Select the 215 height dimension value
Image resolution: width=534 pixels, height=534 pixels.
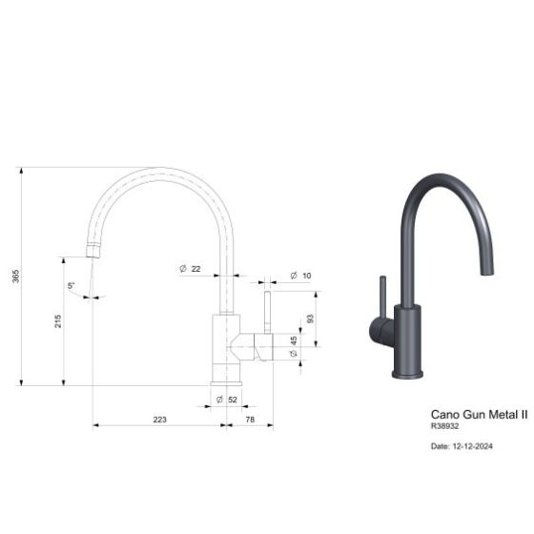click(x=58, y=321)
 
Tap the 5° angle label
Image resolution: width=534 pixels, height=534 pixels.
click(x=72, y=285)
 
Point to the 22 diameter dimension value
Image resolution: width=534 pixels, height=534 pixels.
click(x=195, y=269)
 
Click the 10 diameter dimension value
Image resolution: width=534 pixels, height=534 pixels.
click(x=307, y=276)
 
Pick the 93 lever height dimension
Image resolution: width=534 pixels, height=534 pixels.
click(x=310, y=318)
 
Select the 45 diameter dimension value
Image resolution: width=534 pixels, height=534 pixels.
click(x=295, y=340)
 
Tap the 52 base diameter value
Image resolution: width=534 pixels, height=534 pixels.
click(x=233, y=399)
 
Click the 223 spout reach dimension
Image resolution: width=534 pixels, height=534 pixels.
click(x=159, y=420)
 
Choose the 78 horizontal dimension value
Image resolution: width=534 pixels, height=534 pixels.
click(x=250, y=420)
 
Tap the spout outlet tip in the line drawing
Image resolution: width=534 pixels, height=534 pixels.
click(x=92, y=252)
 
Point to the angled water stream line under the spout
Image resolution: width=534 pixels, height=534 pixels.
click(x=91, y=277)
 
